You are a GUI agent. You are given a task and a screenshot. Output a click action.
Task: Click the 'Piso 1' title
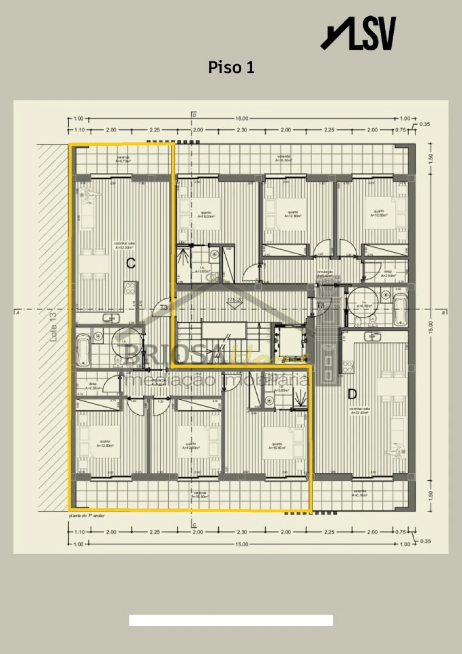click(231, 67)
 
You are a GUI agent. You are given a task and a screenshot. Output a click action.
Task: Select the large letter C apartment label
click(131, 264)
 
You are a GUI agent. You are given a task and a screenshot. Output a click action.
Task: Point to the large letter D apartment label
click(352, 394)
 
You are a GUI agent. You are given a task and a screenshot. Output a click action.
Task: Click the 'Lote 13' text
click(53, 339)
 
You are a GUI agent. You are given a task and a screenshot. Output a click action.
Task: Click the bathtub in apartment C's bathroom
click(83, 349)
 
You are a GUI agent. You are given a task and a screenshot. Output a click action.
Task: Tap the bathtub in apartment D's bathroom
click(400, 310)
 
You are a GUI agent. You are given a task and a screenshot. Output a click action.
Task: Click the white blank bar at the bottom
click(231, 620)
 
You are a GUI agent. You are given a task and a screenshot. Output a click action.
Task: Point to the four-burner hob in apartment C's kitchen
click(130, 291)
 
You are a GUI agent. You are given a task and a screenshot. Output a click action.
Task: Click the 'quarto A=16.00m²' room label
click(206, 215)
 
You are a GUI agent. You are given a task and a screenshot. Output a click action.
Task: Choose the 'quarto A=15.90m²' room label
click(277, 446)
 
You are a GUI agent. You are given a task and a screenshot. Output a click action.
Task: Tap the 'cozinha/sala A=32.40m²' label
click(359, 411)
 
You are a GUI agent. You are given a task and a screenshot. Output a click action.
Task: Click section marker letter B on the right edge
click(442, 312)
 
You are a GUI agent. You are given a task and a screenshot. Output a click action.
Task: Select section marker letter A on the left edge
click(18, 312)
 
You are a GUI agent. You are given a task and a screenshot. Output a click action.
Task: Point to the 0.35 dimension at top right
click(425, 124)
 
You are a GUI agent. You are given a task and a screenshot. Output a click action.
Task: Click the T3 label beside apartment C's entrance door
click(164, 307)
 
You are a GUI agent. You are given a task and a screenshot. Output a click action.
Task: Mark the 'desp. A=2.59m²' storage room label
click(389, 274)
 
